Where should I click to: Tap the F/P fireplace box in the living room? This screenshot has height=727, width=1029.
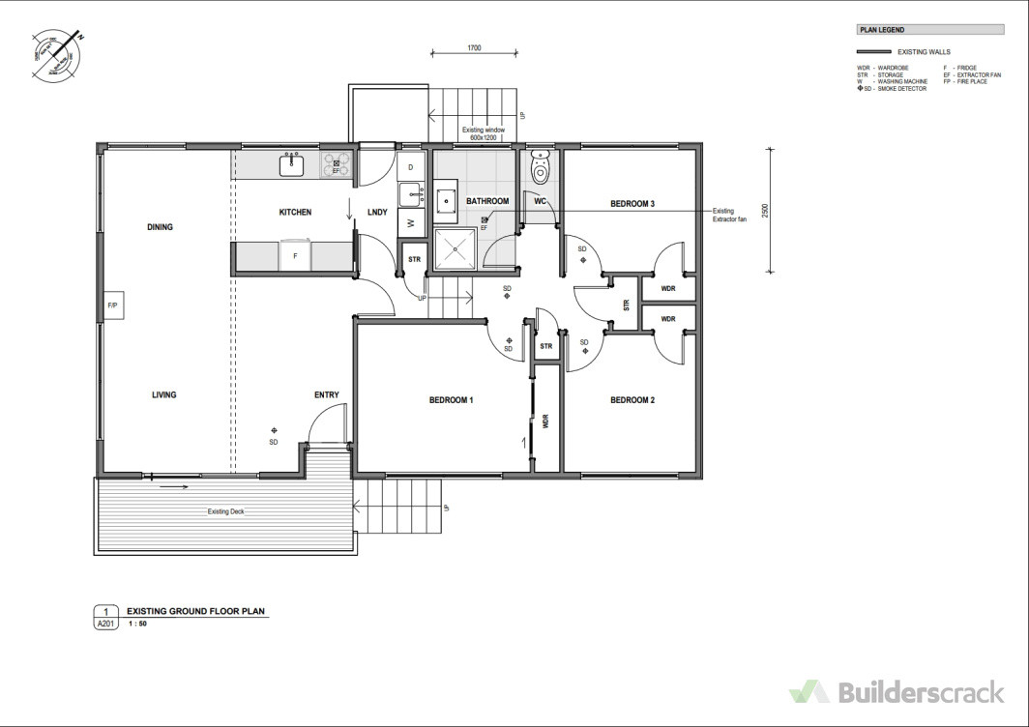coord(112,306)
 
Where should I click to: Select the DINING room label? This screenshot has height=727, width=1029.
coord(161,228)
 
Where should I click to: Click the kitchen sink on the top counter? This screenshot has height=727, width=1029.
coord(292,165)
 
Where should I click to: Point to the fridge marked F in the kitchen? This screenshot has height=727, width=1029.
coord(295,256)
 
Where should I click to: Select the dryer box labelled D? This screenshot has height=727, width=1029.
coord(411,166)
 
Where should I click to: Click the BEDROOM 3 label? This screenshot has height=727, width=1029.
coord(632,204)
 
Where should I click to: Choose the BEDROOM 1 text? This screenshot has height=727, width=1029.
coord(451,399)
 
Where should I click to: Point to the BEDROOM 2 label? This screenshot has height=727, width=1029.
coord(632,399)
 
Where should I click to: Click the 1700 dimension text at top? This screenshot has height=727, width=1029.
coord(474,46)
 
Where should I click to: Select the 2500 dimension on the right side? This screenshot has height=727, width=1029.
coord(764,211)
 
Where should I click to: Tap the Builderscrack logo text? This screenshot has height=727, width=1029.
coord(918,692)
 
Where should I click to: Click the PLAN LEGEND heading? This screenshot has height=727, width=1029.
coord(881,31)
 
